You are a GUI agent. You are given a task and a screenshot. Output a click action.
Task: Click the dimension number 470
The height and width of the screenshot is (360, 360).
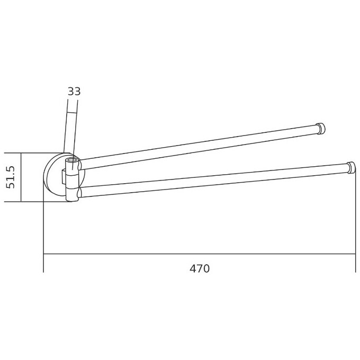(200, 268)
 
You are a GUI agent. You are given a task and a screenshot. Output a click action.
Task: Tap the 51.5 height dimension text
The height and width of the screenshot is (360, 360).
(11, 177)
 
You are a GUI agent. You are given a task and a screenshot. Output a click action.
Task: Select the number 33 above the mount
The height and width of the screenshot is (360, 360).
(74, 92)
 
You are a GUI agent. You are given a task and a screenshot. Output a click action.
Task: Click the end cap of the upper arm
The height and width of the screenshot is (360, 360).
(321, 129)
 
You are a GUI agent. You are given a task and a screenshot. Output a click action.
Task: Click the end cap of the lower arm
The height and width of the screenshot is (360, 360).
(352, 168)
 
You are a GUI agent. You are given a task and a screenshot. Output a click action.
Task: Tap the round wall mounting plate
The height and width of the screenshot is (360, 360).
(55, 177)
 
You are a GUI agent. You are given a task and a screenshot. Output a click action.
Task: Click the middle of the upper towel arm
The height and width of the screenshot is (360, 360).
(199, 148)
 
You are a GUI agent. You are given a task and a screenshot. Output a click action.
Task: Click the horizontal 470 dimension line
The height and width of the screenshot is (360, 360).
(200, 254)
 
